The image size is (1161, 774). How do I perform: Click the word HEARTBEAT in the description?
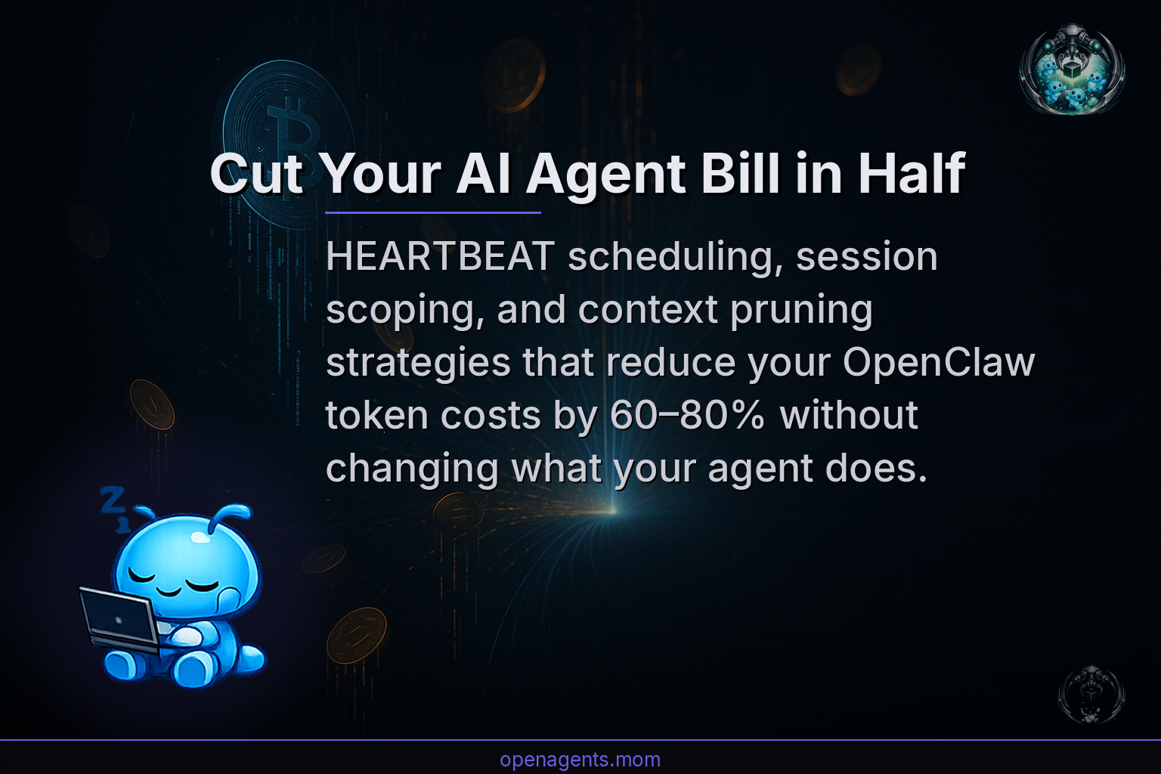point(440,257)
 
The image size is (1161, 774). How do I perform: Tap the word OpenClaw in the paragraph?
point(938,363)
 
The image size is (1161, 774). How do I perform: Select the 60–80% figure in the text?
point(687,416)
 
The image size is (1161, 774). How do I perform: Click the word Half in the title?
point(911,174)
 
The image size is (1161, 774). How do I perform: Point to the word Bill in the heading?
point(739,174)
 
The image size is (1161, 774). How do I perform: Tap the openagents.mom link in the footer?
point(580,760)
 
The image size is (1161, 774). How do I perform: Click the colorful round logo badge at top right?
point(1072,70)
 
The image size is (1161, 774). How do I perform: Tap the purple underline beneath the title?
point(432,213)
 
